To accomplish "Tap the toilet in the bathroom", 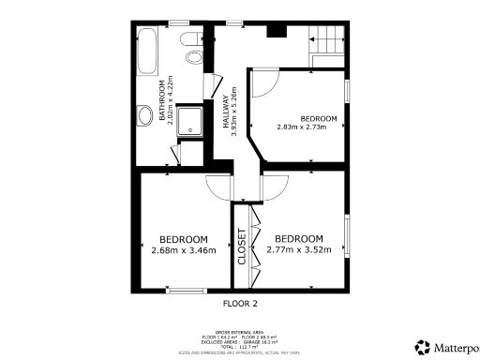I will tap(193, 52).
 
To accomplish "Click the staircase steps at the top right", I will tap(327, 41).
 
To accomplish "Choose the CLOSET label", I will tap(241, 246).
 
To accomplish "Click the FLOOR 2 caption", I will tap(240, 304).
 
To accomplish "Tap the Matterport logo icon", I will tap(422, 346).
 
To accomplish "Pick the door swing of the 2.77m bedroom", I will tap(275, 187).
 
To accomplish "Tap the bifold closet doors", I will tap(251, 245).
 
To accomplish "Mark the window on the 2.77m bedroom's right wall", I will tap(347, 240).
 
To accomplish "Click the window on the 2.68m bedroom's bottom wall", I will tap(184, 292).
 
